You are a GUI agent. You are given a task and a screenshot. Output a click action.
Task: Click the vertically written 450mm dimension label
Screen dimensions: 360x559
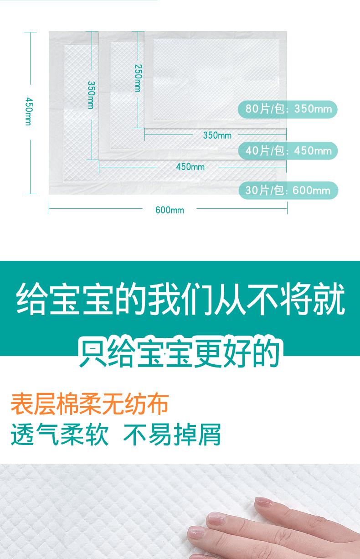tap(28, 111)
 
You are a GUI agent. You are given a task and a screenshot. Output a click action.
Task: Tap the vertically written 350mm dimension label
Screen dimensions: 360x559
tap(91, 95)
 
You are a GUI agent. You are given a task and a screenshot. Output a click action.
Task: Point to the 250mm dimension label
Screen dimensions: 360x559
tap(138, 78)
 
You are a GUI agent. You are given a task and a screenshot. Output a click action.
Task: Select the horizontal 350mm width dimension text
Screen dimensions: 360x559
tap(217, 135)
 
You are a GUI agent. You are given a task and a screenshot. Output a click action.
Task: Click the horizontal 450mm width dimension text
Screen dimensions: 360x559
tap(190, 167)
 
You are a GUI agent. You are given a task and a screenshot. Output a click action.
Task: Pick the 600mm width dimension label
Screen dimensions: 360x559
tap(170, 210)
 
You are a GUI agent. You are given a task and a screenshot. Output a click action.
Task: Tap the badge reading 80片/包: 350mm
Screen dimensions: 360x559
tap(288, 109)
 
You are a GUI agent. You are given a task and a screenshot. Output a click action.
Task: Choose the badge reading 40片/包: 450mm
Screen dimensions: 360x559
tap(288, 151)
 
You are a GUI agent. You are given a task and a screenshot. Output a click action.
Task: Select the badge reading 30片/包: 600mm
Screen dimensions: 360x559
tap(288, 190)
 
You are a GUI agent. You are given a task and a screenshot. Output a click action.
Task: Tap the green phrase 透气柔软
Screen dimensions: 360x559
tap(60, 435)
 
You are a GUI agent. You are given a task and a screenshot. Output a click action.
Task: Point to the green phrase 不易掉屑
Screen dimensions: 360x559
tap(172, 435)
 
